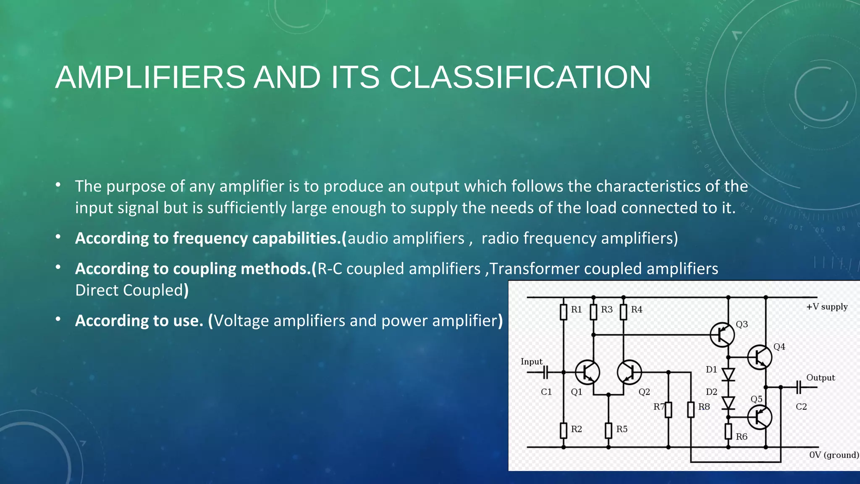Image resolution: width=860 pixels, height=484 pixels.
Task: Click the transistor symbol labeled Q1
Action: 587,372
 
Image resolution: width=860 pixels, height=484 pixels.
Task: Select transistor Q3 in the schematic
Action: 722,335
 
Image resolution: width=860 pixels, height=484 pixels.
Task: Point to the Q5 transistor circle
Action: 759,417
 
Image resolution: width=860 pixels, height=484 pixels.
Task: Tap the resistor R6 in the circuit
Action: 729,431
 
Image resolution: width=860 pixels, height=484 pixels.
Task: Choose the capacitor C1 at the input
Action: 545,372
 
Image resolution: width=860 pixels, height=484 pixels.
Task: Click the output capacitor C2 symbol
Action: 799,387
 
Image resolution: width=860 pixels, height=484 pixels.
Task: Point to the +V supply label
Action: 826,307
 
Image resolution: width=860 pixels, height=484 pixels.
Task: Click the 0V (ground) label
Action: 834,455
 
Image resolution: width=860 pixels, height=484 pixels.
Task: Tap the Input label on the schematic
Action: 531,362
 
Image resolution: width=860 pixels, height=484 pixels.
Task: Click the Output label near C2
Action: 820,378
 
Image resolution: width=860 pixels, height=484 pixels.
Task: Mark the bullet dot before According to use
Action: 58,320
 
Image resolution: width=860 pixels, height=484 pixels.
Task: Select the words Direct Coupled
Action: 129,290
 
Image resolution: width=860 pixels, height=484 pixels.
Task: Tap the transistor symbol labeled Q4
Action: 759,357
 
